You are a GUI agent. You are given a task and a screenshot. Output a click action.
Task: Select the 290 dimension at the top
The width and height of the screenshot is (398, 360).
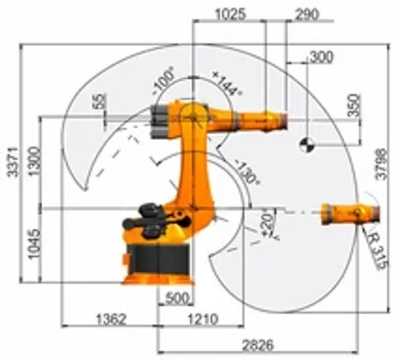point(307,13)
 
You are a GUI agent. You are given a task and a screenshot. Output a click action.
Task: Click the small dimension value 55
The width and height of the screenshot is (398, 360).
point(101,102)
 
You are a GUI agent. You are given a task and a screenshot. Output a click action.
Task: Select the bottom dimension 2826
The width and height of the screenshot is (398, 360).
point(258,345)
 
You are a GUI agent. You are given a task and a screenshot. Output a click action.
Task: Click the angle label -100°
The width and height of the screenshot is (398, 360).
point(163,81)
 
